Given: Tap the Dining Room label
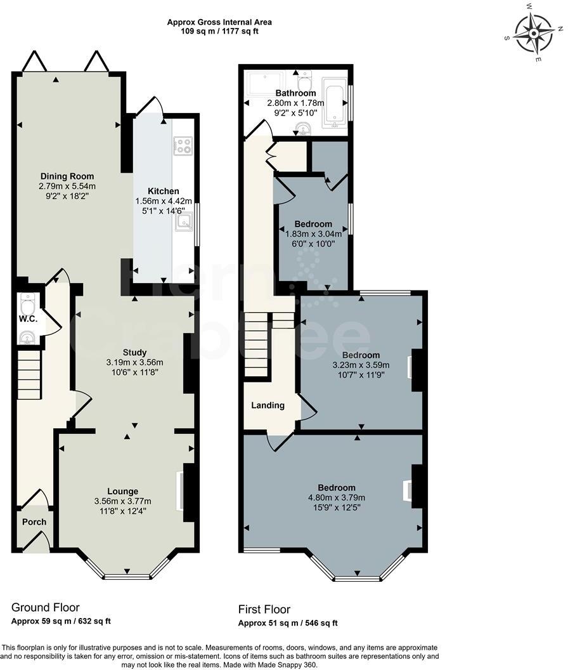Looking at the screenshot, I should coord(67,176).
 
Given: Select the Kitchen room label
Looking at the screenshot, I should coord(164,191).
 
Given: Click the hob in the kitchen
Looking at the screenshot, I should coord(183,146).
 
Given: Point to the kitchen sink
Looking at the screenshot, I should coord(185,221).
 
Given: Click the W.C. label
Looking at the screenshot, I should coord(28,319).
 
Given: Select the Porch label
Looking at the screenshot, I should coord(34,522).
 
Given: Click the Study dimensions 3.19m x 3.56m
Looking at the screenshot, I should coord(134,363).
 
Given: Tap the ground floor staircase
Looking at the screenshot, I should coord(29,377).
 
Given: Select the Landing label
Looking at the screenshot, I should coord(268,405).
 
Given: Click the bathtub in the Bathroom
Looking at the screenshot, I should coord(335,103).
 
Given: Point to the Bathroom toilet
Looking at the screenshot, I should coord(305,81).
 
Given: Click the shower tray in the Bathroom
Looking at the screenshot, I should coord(267,84).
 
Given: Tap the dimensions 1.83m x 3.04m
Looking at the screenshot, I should coord(313,233).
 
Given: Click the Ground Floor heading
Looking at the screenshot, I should coord(46,608).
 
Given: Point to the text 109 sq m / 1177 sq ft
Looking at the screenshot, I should coord(219,30).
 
